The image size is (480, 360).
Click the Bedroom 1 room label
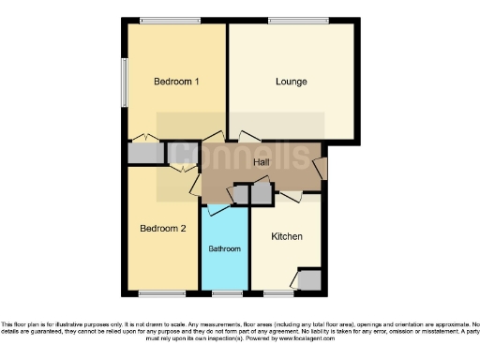[x=176, y=82]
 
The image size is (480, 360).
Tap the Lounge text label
[x=291, y=82]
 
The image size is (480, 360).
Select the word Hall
[x=262, y=162]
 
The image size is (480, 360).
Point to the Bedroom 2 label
[x=163, y=229]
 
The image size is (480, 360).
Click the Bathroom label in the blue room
[x=225, y=249]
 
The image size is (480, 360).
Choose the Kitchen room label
[x=286, y=237]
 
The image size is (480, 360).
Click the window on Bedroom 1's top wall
[x=170, y=21]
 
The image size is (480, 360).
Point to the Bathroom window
[x=226, y=293]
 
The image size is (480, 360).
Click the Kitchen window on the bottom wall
[x=278, y=293]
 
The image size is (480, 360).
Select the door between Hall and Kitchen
[x=288, y=197]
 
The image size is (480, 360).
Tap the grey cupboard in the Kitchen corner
[x=308, y=279]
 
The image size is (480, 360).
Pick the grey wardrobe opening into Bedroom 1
[x=144, y=154]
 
